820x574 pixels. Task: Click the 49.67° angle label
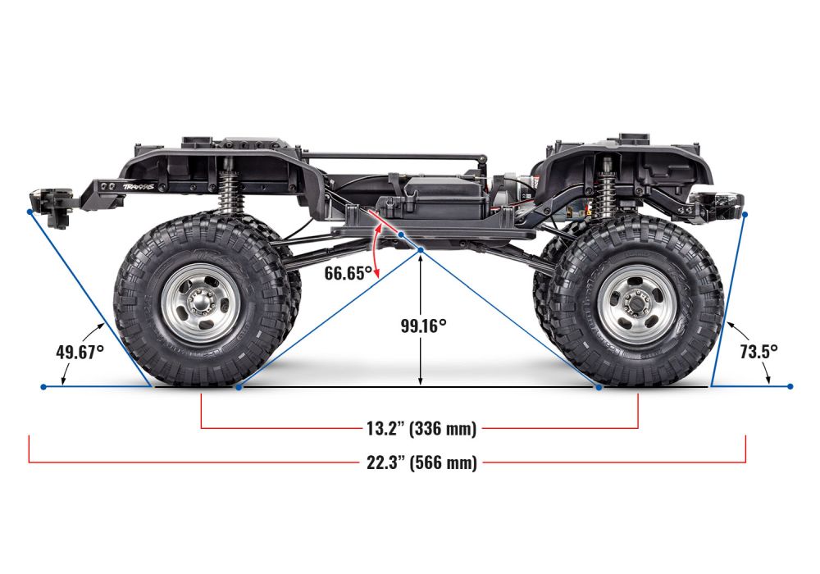click(x=80, y=352)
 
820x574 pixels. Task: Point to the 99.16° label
click(x=423, y=326)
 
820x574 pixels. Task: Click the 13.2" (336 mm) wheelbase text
click(x=420, y=427)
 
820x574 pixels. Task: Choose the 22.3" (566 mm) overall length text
click(x=421, y=462)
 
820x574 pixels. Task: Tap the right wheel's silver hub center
click(x=637, y=303)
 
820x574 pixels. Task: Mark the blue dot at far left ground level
click(x=43, y=386)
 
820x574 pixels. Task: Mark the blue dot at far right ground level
click(x=790, y=386)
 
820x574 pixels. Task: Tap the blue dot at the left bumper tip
click(x=30, y=212)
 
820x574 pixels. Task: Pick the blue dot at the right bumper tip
click(x=746, y=214)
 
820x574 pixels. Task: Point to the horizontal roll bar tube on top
click(x=394, y=155)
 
